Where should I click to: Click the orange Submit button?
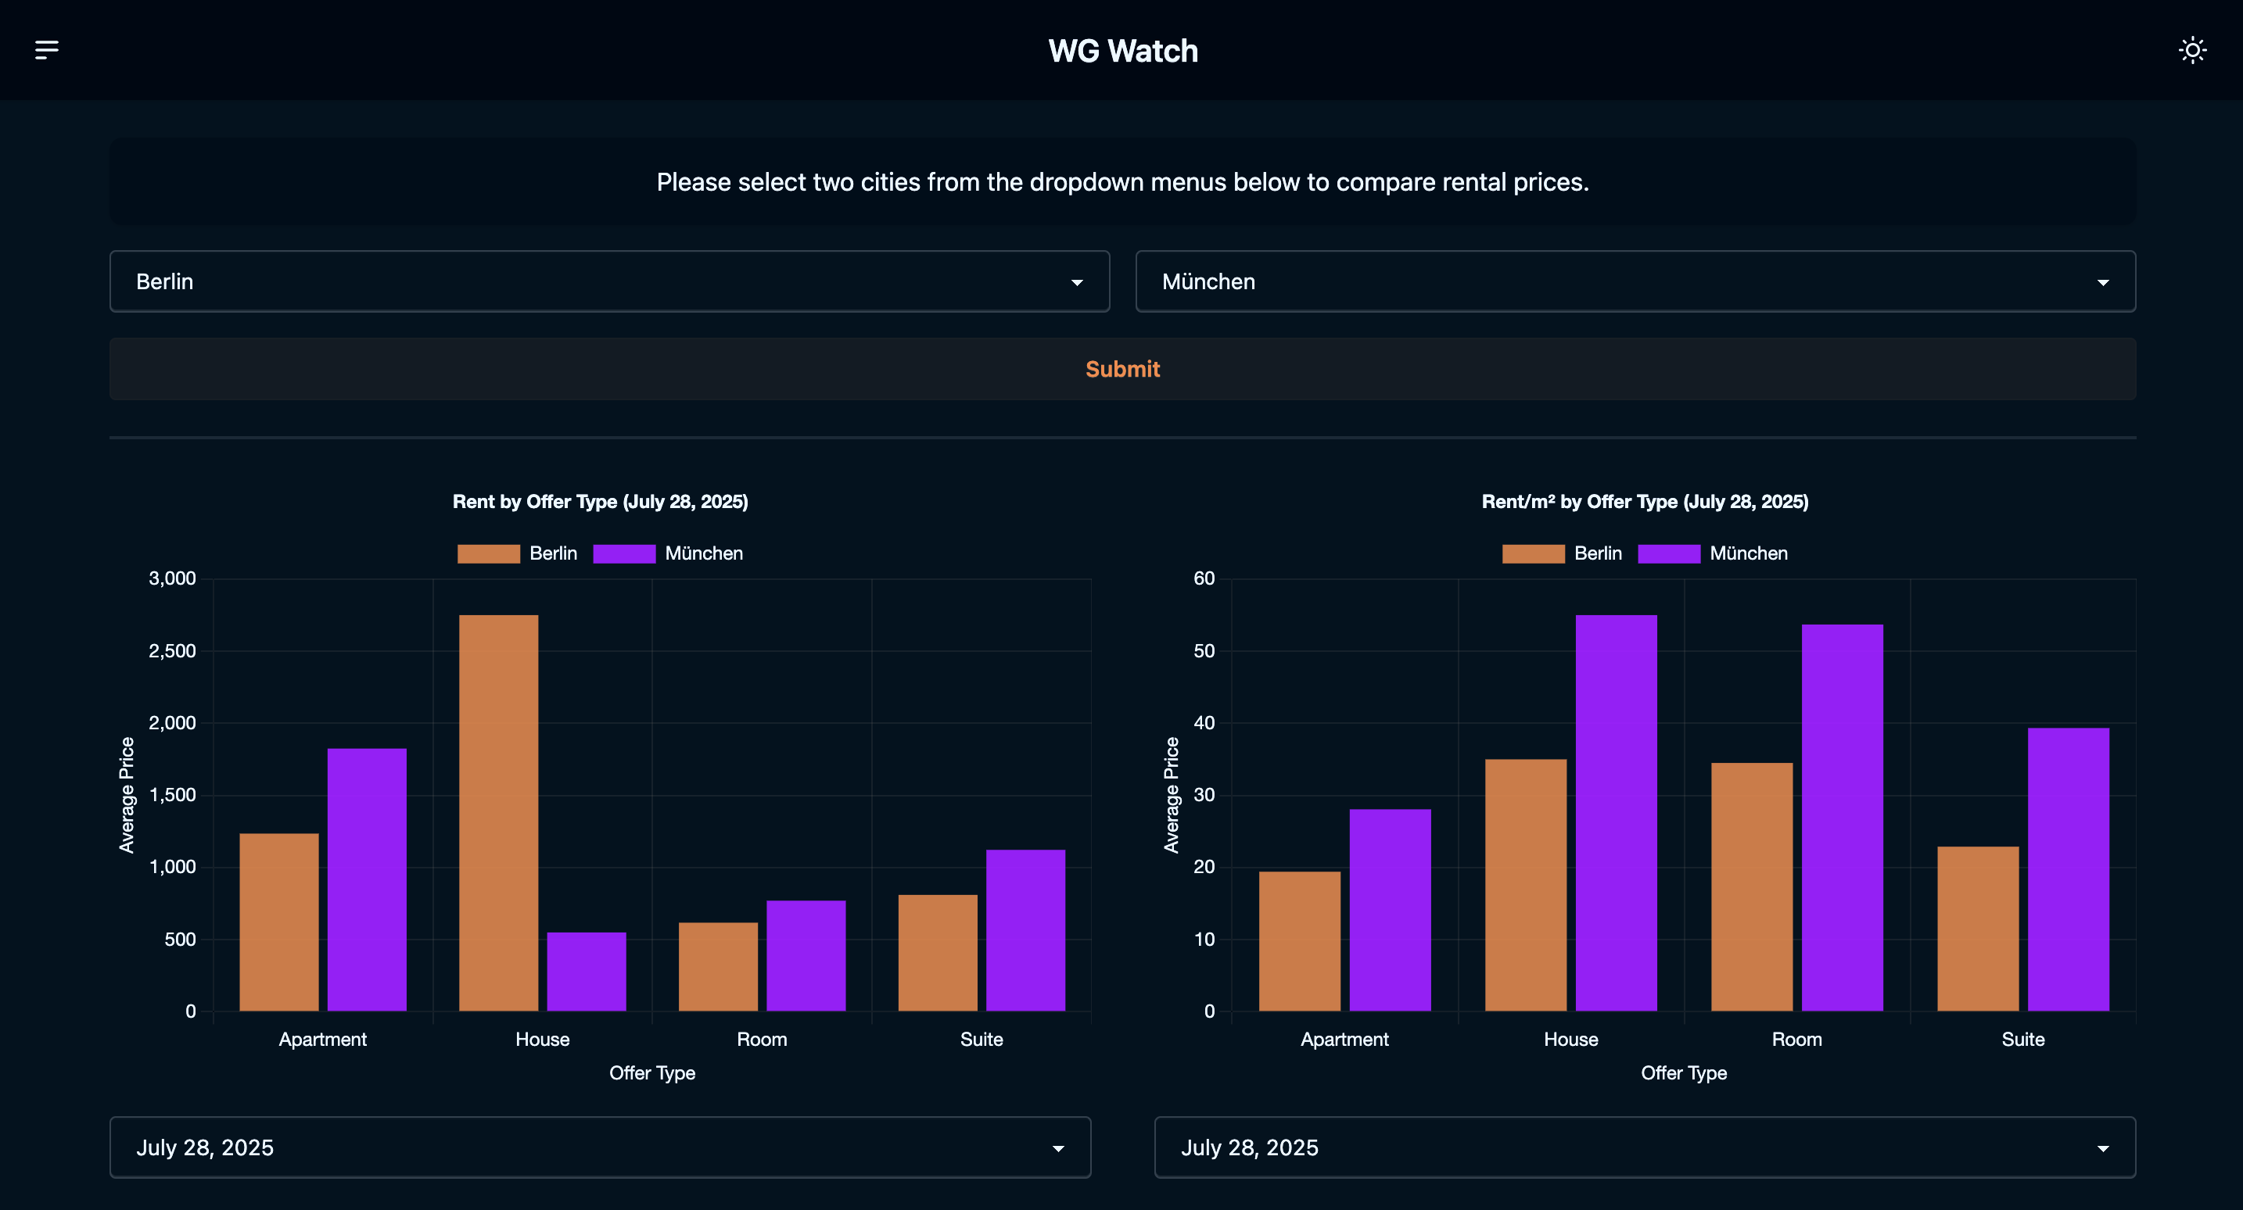coord(1122,369)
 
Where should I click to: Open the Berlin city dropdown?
coord(609,281)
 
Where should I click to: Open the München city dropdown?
coord(1635,281)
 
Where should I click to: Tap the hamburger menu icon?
coord(47,49)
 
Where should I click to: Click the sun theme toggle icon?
coord(2191,49)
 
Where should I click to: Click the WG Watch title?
coord(1122,52)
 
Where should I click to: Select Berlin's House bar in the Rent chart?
coord(499,813)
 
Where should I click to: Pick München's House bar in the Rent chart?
coord(587,972)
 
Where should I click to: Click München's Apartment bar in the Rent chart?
coord(367,879)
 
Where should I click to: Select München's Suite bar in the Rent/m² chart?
coord(2068,868)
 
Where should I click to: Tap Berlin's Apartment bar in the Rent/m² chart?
coord(1300,941)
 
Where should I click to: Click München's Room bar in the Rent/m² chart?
coord(1843,818)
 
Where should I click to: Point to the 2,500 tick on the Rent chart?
coord(172,651)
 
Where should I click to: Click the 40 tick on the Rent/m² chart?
coord(1204,722)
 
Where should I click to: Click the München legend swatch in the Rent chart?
coord(624,553)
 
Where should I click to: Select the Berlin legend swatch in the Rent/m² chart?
coord(1534,553)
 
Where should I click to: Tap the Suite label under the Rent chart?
coord(982,1040)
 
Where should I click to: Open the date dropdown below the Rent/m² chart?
coord(1645,1147)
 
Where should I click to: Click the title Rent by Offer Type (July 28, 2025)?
coord(600,501)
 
